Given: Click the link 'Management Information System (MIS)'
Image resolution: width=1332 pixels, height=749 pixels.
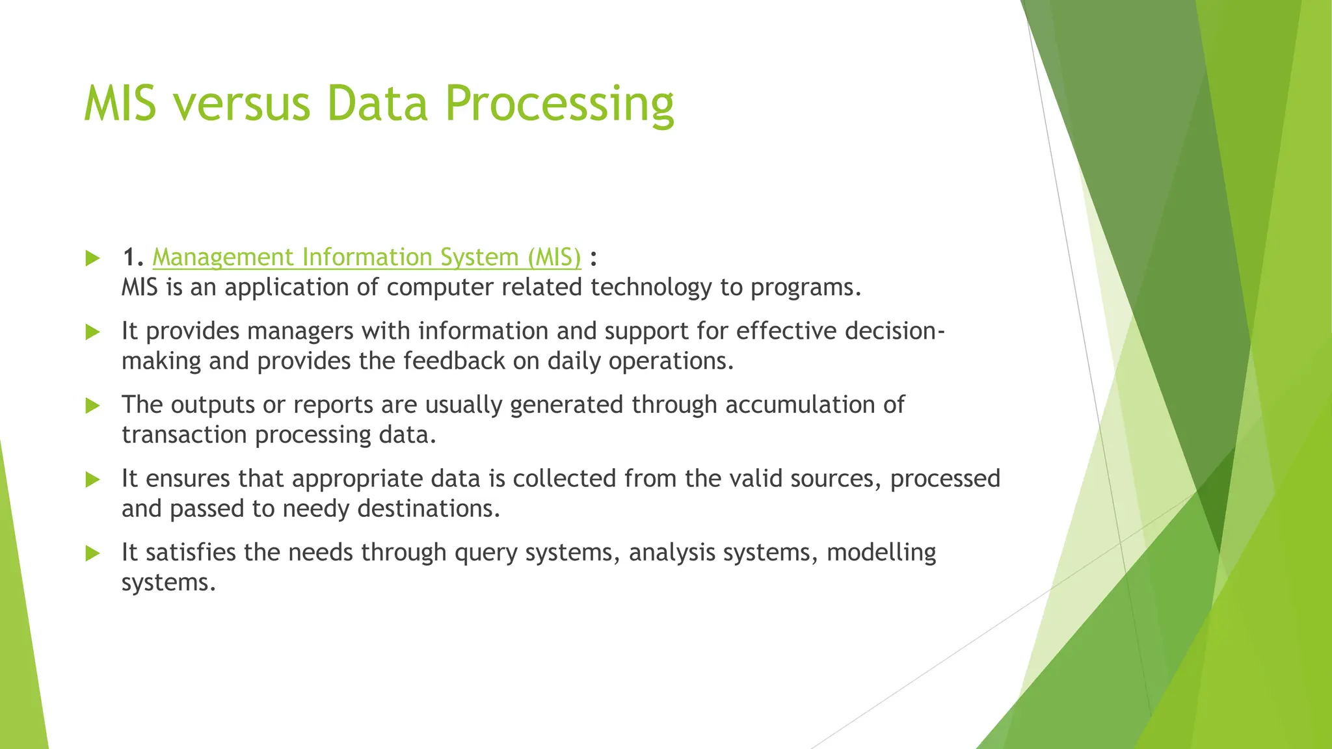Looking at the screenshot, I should [366, 257].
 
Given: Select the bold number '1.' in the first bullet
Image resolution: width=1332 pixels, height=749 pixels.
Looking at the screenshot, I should [133, 257].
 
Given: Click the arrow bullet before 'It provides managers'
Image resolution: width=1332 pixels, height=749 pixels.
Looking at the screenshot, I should [92, 332].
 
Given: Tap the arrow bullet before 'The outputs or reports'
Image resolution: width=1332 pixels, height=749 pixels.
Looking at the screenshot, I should [92, 406].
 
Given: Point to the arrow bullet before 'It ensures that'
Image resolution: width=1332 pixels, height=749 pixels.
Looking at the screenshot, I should [92, 480].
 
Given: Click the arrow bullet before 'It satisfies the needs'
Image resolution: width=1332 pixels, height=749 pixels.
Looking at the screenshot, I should [92, 553].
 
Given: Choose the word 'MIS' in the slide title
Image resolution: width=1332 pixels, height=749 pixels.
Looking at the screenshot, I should [120, 104].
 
